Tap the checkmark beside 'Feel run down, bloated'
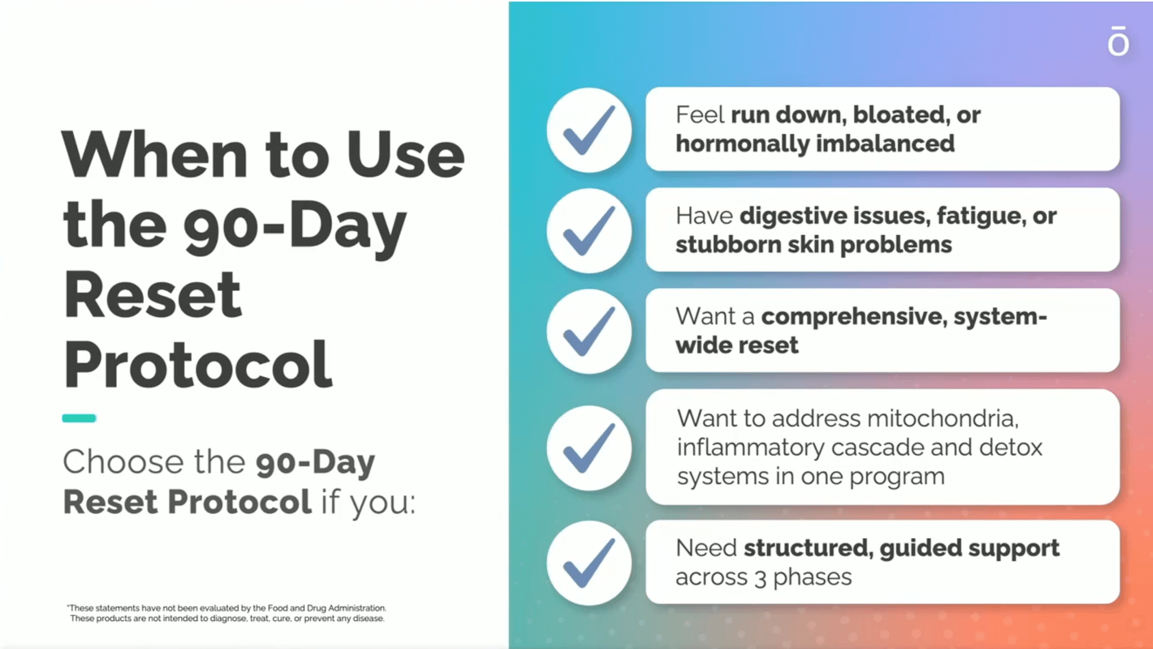[x=589, y=130]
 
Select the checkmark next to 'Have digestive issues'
[x=589, y=231]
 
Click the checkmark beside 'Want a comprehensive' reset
[x=589, y=332]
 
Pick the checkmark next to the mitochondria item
[x=589, y=448]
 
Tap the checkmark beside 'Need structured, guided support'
[x=589, y=563]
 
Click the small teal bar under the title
[x=79, y=418]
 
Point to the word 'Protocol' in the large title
[x=198, y=364]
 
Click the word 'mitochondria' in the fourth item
[x=943, y=418]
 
